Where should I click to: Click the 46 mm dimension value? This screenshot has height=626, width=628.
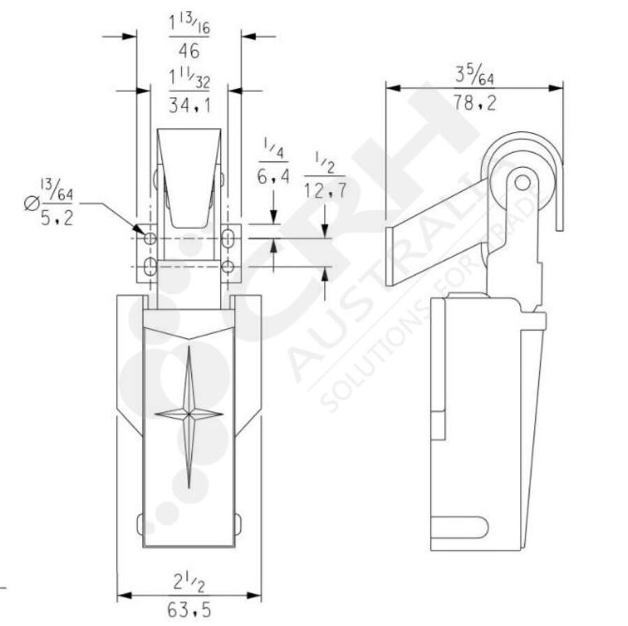coord(188,51)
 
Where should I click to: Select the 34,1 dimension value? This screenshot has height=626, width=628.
coord(188,105)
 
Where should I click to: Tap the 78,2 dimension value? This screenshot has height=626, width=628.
coord(474,103)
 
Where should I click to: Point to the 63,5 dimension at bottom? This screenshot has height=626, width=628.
coord(188,611)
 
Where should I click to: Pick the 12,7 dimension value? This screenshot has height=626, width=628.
coord(324,190)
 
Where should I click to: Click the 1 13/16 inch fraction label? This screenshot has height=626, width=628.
coord(188,25)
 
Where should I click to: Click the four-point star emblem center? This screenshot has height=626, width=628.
coord(188,415)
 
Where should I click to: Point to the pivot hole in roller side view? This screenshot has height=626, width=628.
coord(521,181)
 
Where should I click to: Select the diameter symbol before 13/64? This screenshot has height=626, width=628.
coord(31,204)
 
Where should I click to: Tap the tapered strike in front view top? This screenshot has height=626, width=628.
coord(188,178)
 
